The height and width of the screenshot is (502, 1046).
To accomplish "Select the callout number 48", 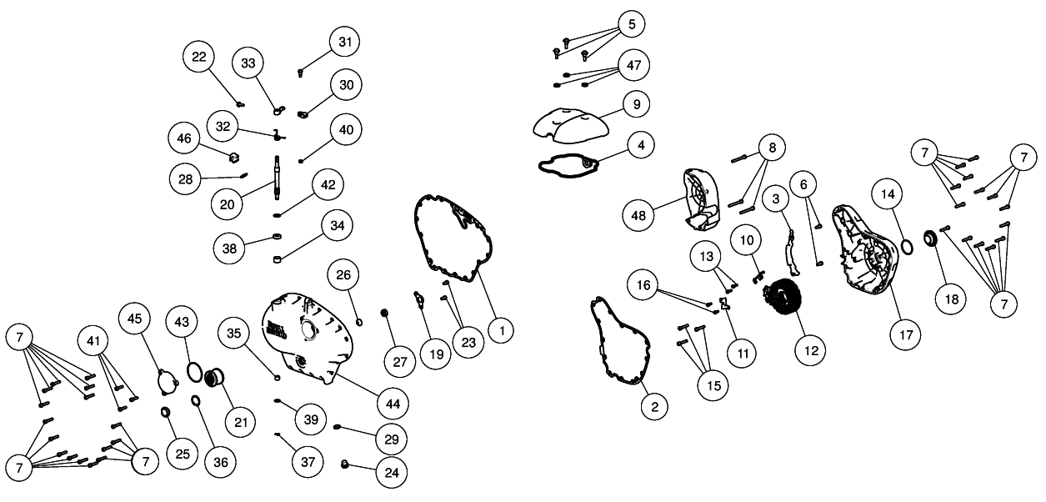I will pos(638,215).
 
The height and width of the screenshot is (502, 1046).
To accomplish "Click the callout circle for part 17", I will pos(907,336).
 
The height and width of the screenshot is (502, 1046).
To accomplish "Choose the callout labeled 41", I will pos(94,341).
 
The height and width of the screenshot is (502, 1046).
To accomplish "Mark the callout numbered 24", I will pos(391,472).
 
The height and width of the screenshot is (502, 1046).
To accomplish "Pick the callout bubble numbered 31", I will pos(344,41).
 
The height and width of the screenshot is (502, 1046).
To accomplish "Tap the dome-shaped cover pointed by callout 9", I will pos(572,123).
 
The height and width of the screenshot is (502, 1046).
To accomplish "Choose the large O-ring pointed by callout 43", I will pos(193,369).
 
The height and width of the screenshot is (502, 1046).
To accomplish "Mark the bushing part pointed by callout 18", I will pos(930,239).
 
